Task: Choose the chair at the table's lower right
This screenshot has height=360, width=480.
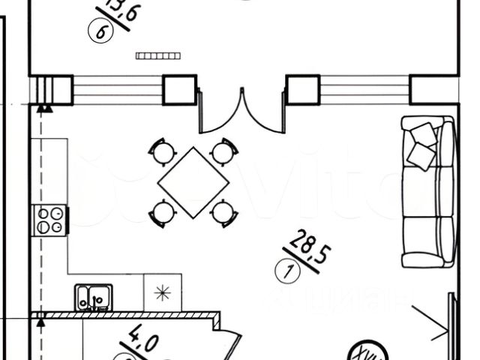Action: click(x=221, y=211)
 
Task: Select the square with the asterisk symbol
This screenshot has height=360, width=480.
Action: click(x=159, y=293)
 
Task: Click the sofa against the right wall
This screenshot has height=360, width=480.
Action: click(x=428, y=192)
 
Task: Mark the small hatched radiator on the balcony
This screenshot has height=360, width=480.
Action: click(x=159, y=54)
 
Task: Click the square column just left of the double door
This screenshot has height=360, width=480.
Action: click(x=180, y=90)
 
